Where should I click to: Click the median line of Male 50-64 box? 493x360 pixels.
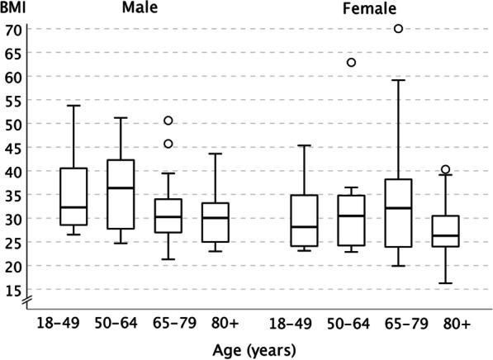(121, 188)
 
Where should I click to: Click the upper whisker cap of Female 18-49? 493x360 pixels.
(305, 145)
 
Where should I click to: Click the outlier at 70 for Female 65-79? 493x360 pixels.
(398, 29)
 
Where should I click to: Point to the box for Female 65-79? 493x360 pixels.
(398, 213)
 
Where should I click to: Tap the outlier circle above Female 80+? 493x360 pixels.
(445, 169)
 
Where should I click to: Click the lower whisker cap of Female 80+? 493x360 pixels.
(445, 283)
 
